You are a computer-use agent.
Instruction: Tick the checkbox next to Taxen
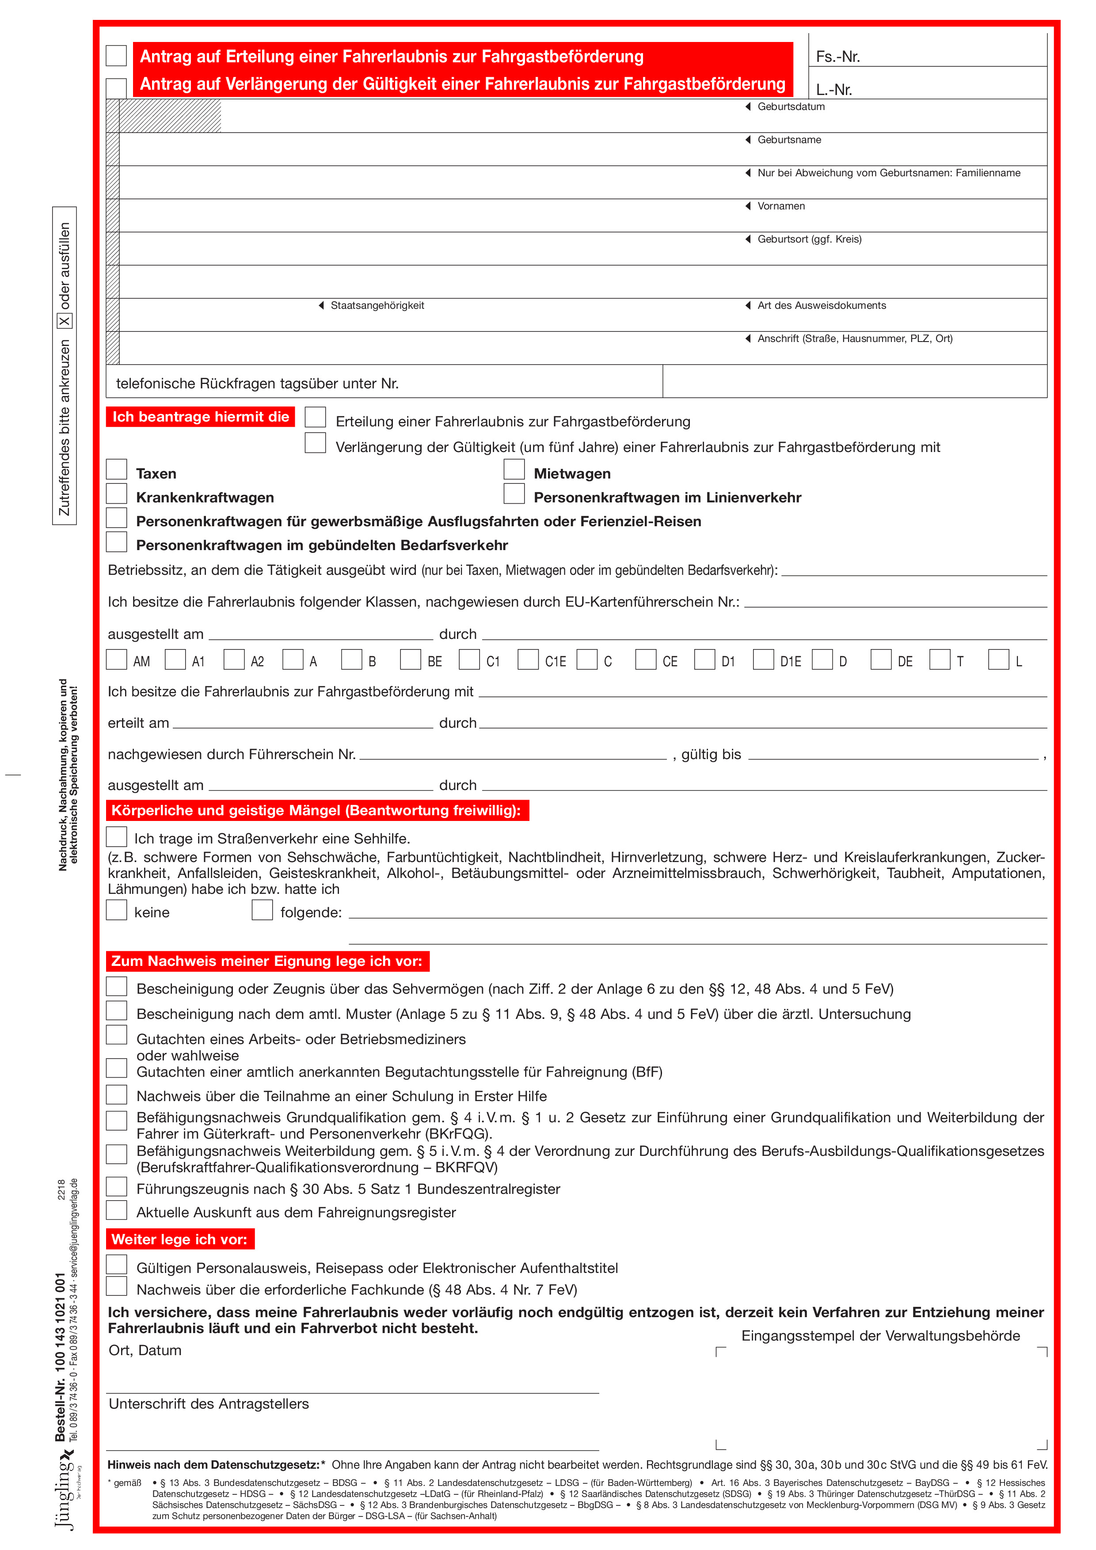[x=117, y=470]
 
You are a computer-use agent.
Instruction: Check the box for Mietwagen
[x=514, y=470]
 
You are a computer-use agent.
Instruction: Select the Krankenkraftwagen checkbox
[x=117, y=494]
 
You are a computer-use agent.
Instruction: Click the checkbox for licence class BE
[x=411, y=660]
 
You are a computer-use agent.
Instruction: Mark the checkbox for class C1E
[x=528, y=660]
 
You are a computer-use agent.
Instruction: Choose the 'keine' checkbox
[x=117, y=910]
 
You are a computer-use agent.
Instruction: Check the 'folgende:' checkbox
[x=262, y=910]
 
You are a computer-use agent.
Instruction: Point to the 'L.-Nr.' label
[x=834, y=90]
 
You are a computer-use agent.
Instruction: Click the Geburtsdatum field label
[x=791, y=106]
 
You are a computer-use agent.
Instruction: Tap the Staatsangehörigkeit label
[x=377, y=306]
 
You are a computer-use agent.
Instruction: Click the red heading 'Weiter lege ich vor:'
[x=179, y=1239]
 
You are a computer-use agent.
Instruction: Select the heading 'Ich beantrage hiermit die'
[x=201, y=417]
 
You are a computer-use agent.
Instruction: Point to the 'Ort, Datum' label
[x=145, y=1351]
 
